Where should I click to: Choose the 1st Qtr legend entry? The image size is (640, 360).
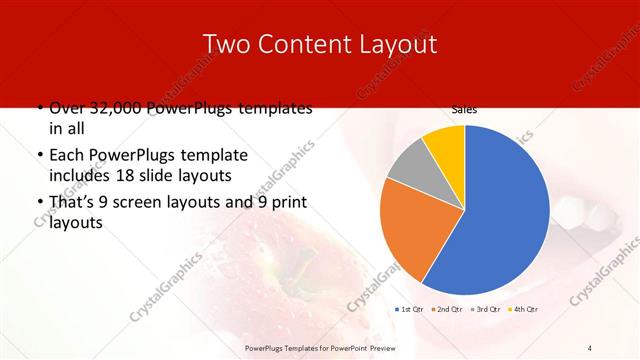411,309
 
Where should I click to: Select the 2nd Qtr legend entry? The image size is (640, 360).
448,309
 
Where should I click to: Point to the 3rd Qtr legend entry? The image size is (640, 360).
486,309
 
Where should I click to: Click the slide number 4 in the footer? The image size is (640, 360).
590,347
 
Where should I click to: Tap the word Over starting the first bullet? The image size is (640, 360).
65,108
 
